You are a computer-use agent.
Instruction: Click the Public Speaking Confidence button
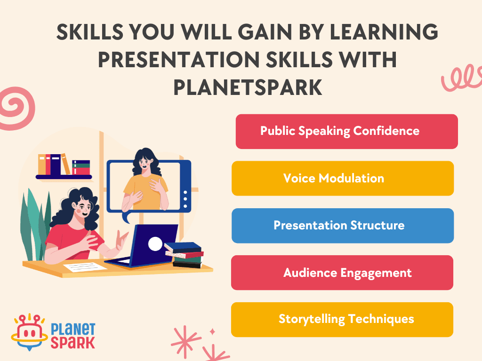click(346, 131)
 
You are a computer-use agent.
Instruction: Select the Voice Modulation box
click(343, 178)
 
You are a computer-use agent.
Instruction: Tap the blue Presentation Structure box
click(343, 225)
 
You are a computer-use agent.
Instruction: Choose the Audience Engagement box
click(342, 273)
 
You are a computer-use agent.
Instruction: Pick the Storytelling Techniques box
click(342, 319)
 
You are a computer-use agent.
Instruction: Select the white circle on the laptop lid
click(155, 243)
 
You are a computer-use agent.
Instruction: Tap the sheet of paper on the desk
click(85, 267)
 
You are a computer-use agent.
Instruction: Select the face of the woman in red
click(84, 207)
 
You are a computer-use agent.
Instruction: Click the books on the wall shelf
click(63, 165)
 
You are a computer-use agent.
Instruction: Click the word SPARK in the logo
click(72, 342)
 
